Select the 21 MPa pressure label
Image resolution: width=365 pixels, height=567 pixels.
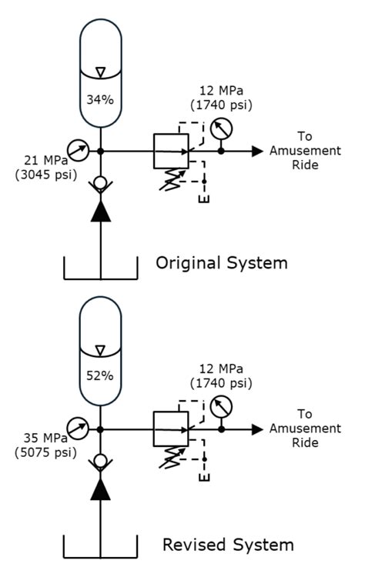[41, 160]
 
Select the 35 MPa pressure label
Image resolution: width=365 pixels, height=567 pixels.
[40, 437]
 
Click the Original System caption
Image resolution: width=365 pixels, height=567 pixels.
[222, 263]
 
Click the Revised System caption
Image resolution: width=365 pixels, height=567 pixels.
[227, 545]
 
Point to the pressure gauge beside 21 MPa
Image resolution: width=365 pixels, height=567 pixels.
[77, 147]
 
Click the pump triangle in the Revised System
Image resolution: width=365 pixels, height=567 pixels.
[101, 488]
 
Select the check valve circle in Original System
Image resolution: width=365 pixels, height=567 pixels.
[101, 184]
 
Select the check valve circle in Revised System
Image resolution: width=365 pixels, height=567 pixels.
[101, 462]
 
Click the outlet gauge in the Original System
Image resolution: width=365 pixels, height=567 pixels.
[222, 128]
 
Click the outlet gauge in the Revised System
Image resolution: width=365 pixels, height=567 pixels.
[222, 405]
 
